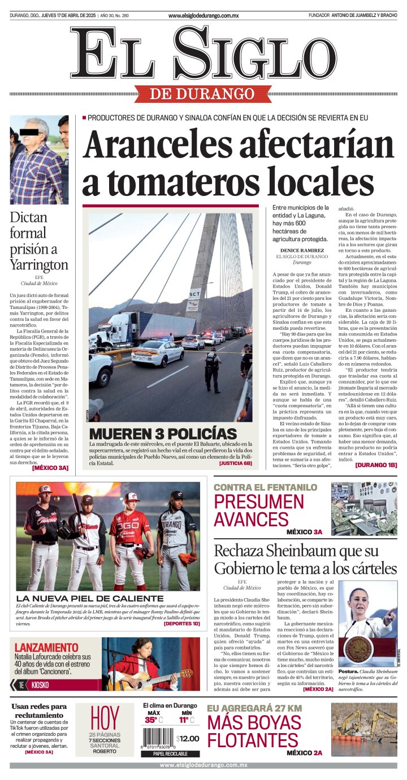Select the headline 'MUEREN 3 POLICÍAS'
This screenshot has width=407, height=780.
pos(163,434)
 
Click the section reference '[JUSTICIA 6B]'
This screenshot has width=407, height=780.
pos(235,463)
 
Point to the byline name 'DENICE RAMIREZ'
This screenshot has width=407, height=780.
pos(302,250)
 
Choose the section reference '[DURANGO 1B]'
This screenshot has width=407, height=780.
pos(376,465)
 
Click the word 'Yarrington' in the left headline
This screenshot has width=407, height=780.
pos(39,264)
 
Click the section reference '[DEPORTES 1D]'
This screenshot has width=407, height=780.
pos(181,624)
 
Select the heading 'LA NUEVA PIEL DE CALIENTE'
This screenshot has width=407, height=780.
pos(90,598)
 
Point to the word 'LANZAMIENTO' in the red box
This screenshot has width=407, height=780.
pos(46,647)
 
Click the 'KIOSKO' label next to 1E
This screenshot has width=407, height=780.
pos(40,685)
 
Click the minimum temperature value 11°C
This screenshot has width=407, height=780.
pos(187,720)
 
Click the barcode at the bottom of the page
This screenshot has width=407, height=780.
pos(158,738)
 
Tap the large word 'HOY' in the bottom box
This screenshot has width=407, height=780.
pos(105,718)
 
